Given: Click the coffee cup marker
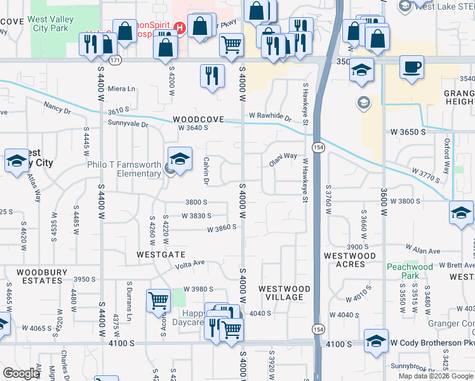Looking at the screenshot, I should click(x=411, y=67).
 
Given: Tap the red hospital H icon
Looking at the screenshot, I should click(x=180, y=28).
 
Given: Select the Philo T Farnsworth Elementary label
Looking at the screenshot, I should click(x=124, y=170).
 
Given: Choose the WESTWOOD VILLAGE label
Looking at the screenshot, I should click(x=284, y=293).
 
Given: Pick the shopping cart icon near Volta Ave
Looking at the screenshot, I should click(x=157, y=300).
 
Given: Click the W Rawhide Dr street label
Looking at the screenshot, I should click(x=270, y=117).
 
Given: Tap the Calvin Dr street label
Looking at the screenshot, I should click(x=206, y=171).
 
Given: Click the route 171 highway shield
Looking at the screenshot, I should click(x=114, y=60).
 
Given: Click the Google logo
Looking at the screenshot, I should click(x=22, y=373).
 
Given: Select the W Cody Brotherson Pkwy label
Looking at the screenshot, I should click(x=432, y=343).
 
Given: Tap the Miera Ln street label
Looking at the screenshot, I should click(x=122, y=89).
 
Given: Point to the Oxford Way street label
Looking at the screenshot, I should click(x=447, y=152).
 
